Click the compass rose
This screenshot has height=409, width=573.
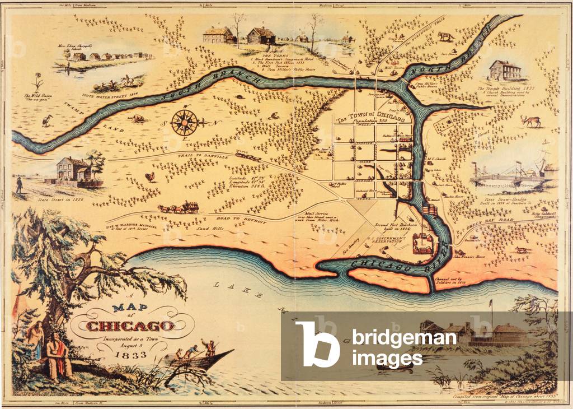pyautogui.click(x=184, y=122)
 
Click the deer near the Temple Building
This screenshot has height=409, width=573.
pyautogui.click(x=529, y=120)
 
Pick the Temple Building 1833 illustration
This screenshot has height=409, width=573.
pyautogui.click(x=505, y=71)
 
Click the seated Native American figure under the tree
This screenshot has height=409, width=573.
pyautogui.click(x=58, y=355)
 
